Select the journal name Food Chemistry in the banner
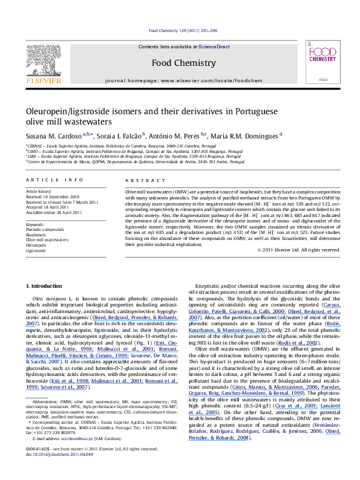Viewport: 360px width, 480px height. [x=179, y=62]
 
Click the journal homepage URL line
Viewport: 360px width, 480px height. [x=179, y=80]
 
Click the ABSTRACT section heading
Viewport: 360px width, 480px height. [x=138, y=181]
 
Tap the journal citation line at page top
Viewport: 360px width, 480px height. [x=179, y=31]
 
